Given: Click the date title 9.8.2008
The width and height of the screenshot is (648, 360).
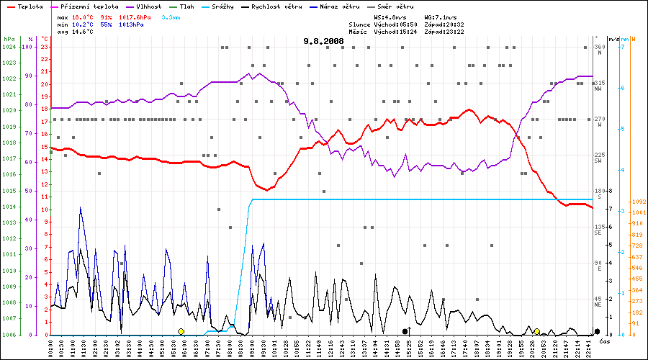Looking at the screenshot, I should pyautogui.click(x=323, y=42).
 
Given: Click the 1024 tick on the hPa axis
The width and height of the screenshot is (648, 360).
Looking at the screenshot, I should pyautogui.click(x=9, y=47).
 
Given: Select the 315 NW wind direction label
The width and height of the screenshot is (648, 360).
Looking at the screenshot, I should pyautogui.click(x=599, y=86).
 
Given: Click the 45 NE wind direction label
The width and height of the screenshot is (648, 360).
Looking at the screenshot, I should pyautogui.click(x=599, y=302).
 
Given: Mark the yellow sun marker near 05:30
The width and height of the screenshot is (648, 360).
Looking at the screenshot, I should pyautogui.click(x=181, y=331).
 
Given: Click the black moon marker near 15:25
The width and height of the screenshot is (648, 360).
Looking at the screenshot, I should pyautogui.click(x=405, y=331).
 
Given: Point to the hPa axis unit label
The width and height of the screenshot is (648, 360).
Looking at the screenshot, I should pyautogui.click(x=9, y=38).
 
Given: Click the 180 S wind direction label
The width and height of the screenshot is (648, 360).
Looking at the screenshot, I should pyautogui.click(x=599, y=194).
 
